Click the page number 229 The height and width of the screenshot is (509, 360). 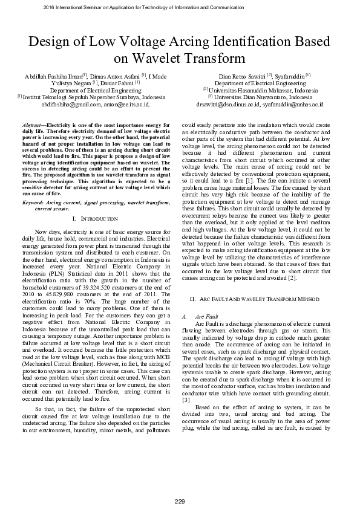point(180,502)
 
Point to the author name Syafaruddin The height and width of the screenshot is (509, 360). point(290,76)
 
